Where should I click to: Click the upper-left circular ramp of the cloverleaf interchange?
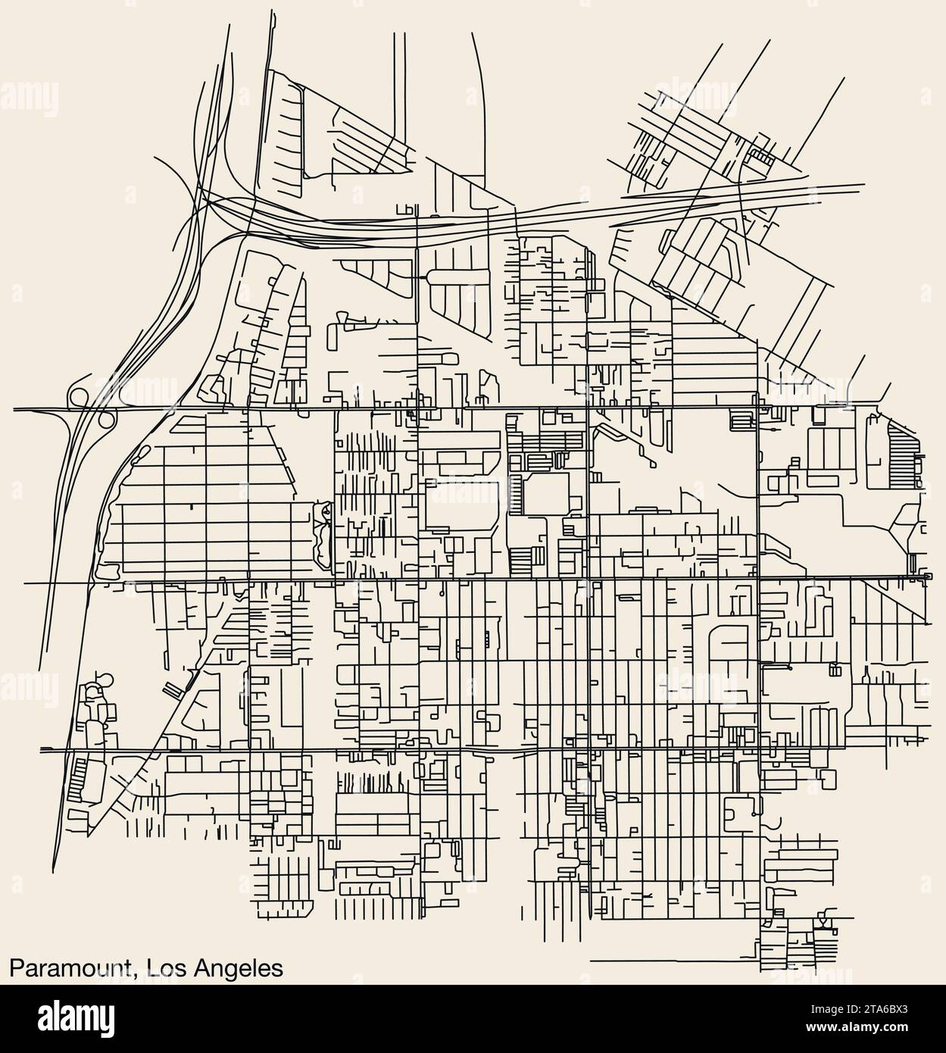[79, 396]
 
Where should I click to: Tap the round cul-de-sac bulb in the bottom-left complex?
[105, 679]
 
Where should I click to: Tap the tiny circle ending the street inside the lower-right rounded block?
[754, 814]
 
